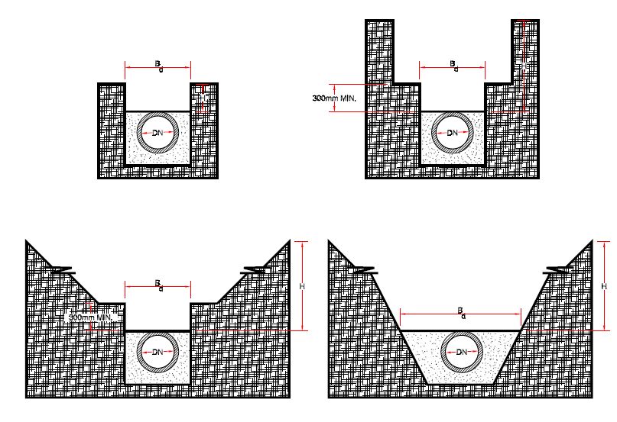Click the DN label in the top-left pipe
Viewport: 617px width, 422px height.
[x=157, y=133]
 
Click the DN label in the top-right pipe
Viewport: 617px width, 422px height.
[x=453, y=133]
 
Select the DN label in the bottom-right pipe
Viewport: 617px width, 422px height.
[x=461, y=353]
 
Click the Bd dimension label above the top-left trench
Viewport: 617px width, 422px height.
[x=158, y=65]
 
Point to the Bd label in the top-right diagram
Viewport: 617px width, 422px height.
[x=453, y=65]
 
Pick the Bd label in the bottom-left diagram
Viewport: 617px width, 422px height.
[x=158, y=285]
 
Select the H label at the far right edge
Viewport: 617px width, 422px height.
[x=605, y=286]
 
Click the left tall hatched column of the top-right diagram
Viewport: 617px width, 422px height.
[x=379, y=53]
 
